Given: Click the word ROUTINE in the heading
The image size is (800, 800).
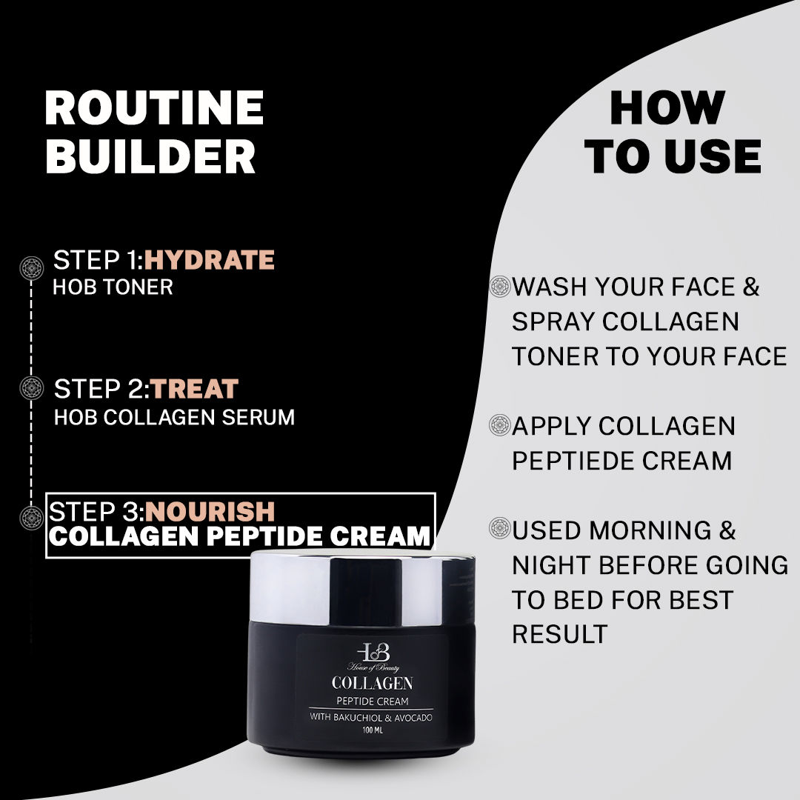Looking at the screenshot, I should click(154, 108).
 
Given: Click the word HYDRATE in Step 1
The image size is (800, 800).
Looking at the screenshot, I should click(210, 260).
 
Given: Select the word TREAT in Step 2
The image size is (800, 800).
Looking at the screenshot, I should click(195, 389).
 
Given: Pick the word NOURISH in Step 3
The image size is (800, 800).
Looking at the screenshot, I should click(210, 511).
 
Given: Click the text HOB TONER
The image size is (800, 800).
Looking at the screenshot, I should click(113, 287).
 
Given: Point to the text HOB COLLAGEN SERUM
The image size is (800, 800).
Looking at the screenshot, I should click(174, 417).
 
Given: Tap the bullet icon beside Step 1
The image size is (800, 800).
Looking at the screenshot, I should click(31, 266).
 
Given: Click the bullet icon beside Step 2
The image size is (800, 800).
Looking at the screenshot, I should click(31, 388).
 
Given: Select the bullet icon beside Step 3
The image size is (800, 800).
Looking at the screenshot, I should click(31, 516).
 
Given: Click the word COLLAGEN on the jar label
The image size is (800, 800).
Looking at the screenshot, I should click(373, 682).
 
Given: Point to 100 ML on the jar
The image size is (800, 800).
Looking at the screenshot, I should click(373, 730).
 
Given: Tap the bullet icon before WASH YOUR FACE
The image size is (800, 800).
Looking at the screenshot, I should click(501, 287).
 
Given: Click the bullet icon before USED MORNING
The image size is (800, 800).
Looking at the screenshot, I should click(501, 530).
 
